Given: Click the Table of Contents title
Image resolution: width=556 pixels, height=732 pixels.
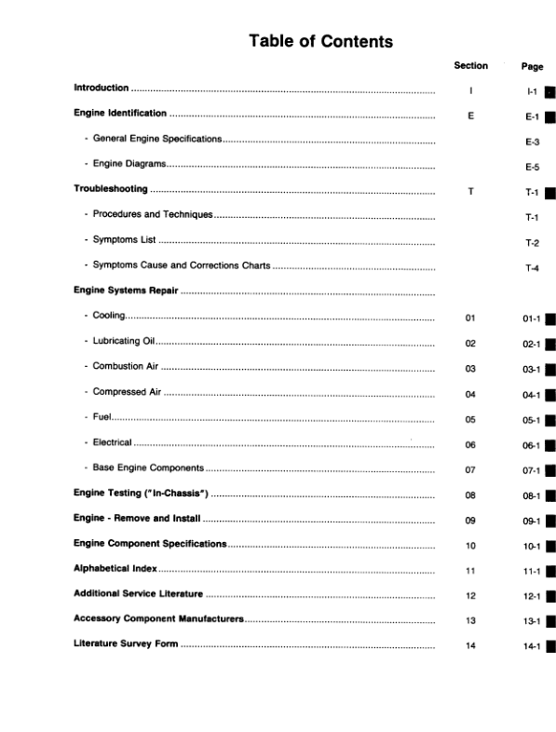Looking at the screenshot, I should pos(320,41).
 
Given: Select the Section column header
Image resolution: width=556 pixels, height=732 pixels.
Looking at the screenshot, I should pos(470,66).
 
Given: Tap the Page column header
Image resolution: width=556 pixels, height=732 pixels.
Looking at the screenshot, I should pos(532,67).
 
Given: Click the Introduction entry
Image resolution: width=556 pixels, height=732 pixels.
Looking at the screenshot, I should pos(101,88).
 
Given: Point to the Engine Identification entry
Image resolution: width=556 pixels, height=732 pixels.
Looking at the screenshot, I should pos(120,114).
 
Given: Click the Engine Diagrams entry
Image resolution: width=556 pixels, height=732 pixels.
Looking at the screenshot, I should pos(129,165).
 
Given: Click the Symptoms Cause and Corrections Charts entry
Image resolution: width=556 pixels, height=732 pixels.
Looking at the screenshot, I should pos(181,266).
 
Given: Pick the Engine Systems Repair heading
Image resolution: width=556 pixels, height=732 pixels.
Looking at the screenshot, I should pos(126,291).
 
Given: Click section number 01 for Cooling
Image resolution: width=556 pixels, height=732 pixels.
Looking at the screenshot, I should pos(470,319).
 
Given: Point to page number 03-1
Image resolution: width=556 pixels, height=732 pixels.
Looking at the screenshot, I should pos(532,370).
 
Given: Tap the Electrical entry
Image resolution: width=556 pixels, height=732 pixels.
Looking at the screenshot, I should pos(112,442).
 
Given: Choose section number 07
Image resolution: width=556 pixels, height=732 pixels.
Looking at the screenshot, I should pos(470,470).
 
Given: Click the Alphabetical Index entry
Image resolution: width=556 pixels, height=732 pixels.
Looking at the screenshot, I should pos(115,568).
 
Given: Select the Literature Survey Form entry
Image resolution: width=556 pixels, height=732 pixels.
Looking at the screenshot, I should pos(125,644).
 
